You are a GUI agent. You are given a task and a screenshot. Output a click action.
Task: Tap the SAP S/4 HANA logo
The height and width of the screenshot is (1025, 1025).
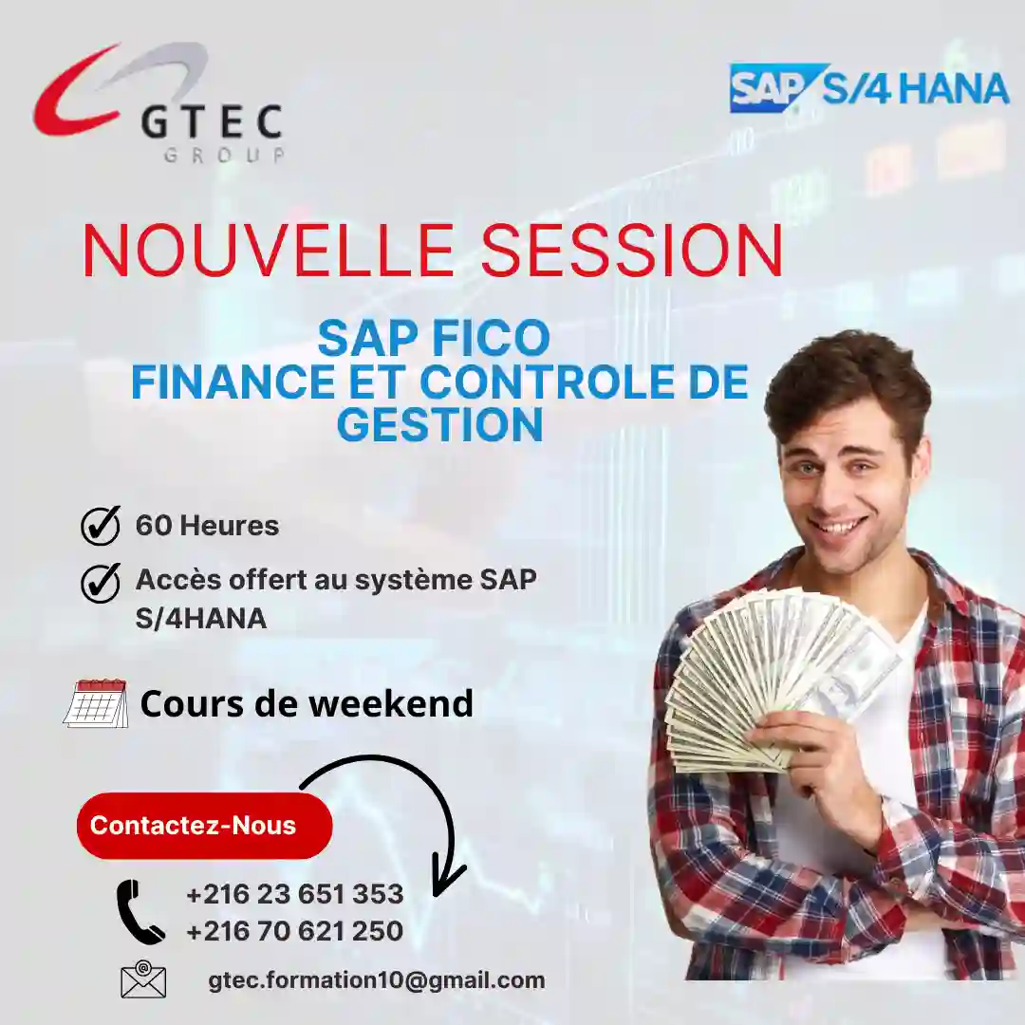[x=868, y=88]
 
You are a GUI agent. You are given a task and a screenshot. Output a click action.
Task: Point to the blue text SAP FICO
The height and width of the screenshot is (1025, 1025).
[x=434, y=339]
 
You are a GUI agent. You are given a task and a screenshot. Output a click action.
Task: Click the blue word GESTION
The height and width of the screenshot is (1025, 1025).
[x=439, y=424]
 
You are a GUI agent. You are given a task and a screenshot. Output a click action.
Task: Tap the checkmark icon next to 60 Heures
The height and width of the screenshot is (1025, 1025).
[x=101, y=526]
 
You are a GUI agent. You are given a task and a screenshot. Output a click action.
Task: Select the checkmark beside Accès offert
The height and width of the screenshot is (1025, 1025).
[x=101, y=583]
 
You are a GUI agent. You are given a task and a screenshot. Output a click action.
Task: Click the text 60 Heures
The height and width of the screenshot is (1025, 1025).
[x=207, y=526]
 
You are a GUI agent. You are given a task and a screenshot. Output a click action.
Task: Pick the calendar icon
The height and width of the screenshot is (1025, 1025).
[x=96, y=703]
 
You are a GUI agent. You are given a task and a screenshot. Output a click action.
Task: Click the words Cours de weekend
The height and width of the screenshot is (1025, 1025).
[x=307, y=704]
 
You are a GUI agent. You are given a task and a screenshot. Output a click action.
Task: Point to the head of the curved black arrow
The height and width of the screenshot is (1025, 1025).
[x=446, y=878]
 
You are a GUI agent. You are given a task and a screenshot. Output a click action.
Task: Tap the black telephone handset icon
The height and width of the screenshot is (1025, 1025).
[x=139, y=911]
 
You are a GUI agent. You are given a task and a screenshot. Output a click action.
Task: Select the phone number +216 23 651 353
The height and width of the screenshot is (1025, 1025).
[x=294, y=894]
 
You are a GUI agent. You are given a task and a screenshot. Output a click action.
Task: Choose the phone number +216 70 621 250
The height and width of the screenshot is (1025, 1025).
[x=294, y=932]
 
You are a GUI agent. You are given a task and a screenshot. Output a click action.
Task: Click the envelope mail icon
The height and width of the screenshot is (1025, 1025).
[x=143, y=980]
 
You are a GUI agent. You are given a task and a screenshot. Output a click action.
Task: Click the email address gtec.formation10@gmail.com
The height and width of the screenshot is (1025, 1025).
[x=376, y=980]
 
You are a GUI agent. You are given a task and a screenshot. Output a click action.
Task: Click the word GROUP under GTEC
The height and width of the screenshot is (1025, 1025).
[x=224, y=156]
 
